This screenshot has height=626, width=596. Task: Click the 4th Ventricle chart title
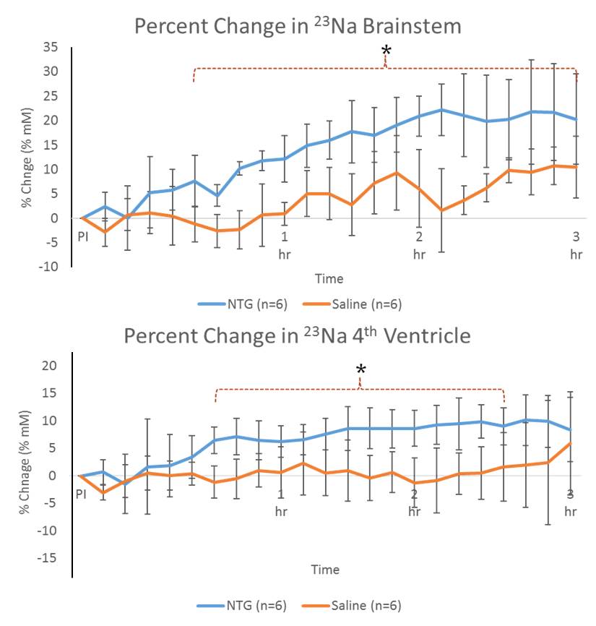(298, 336)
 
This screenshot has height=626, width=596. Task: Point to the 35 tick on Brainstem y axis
(50, 47)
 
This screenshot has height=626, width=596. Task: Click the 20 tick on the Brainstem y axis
(50, 121)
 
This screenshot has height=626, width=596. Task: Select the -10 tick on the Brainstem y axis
(48, 267)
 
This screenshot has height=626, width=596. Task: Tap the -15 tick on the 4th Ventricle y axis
(48, 558)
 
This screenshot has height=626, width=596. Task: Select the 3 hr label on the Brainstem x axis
(576, 245)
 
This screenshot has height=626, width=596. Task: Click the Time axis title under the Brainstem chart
(329, 279)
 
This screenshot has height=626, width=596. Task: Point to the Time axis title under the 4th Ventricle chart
(325, 570)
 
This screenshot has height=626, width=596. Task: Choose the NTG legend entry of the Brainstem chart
(243, 304)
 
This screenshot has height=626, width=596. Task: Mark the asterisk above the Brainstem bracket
(386, 51)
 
